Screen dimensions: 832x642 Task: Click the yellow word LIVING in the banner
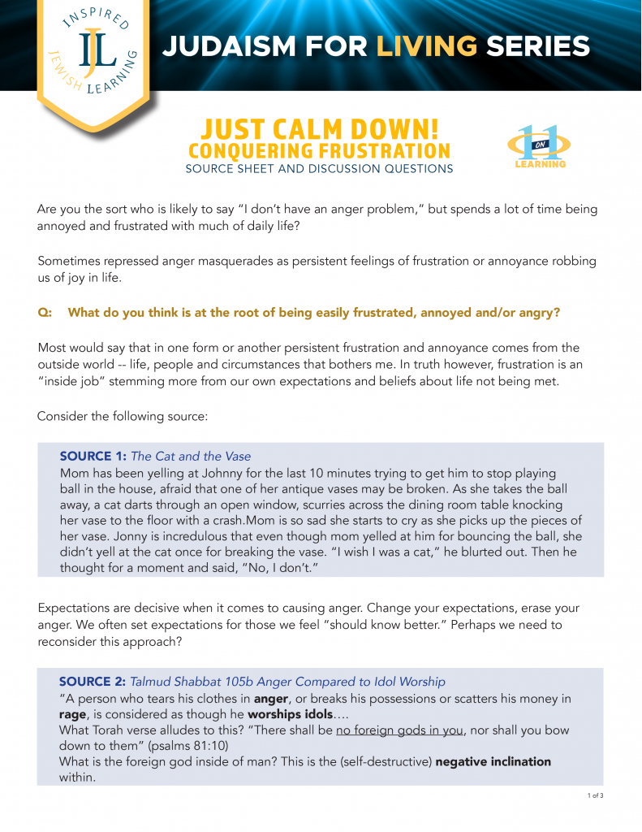[x=426, y=46]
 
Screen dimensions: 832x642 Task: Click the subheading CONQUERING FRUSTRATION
[x=319, y=150]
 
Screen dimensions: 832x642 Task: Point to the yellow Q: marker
[x=45, y=312]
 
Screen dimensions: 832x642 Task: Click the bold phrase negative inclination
[x=493, y=762]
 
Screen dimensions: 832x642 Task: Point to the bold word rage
[x=75, y=713]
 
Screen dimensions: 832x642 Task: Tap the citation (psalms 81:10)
[x=170, y=746]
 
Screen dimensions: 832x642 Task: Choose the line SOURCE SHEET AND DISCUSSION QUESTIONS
[x=319, y=169]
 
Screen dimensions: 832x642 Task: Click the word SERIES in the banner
[x=537, y=46]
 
